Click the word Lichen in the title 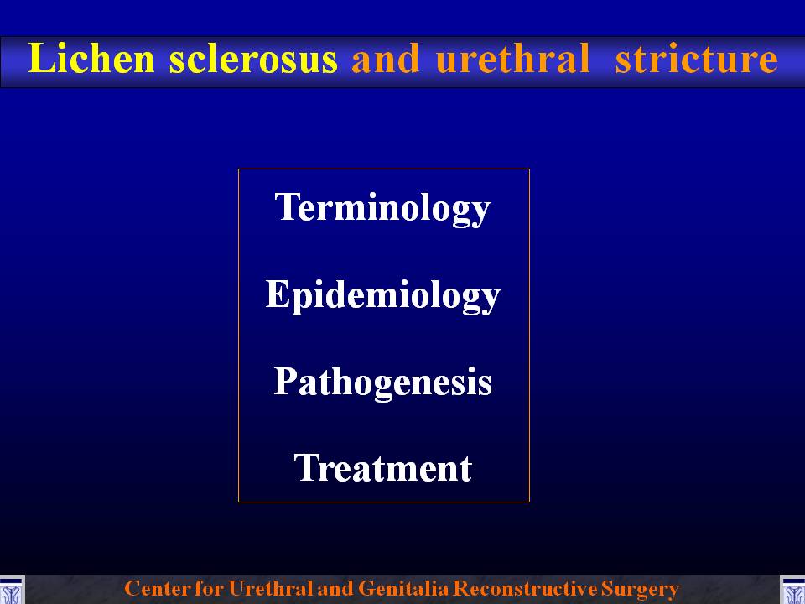91,58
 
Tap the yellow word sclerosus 253,59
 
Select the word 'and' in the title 385,59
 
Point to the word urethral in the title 512,58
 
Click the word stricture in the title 696,59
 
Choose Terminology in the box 383,207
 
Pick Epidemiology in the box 383,295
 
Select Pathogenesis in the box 383,383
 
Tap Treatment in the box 383,468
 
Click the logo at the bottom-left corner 12,590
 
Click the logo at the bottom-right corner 792,590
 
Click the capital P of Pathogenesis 286,381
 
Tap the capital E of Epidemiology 278,294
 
